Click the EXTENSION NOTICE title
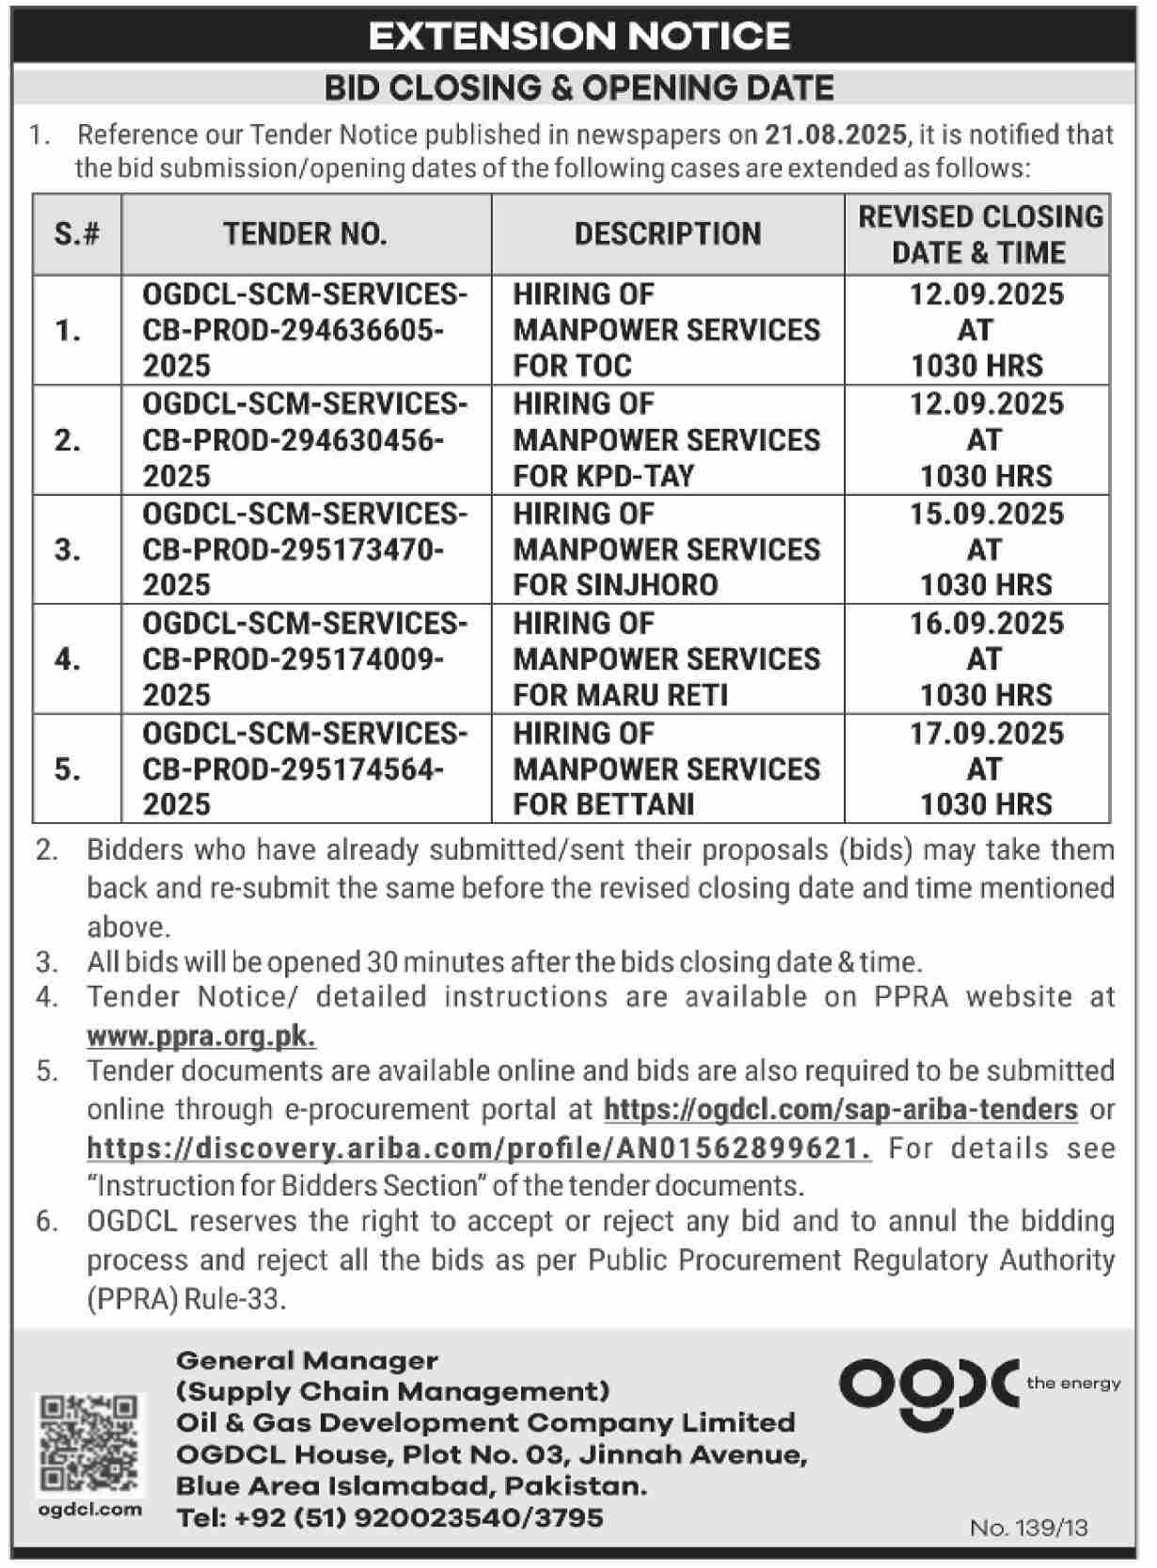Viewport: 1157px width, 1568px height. pos(578,36)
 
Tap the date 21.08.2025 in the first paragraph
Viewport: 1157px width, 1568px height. pos(835,135)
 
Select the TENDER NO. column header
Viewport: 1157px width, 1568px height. pos(305,234)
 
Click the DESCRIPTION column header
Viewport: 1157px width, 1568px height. pos(667,234)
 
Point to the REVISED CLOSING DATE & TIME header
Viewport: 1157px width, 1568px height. pos(979,234)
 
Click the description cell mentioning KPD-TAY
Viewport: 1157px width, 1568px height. pos(666,440)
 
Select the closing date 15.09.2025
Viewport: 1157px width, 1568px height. pos(986,515)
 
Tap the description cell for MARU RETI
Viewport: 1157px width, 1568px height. pos(666,659)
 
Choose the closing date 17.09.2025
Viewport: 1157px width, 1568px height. pos(986,734)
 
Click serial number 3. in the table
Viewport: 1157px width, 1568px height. pos(68,549)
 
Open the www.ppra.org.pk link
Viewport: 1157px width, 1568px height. pos(201,1036)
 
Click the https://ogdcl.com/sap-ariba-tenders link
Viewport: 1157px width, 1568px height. pos(840,1110)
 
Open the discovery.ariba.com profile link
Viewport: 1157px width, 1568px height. pos(479,1148)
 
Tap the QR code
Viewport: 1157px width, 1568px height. pos(91,1445)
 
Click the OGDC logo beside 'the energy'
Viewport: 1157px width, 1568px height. pos(927,1386)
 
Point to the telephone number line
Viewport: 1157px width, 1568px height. pos(389,1518)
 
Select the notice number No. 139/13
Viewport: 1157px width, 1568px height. pos(1028,1528)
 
